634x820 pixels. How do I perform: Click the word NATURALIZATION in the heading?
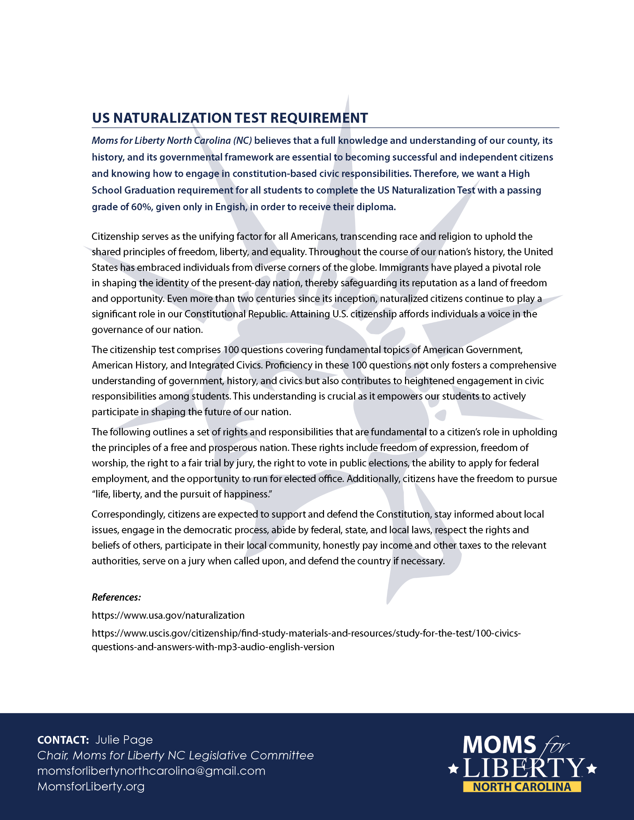172,118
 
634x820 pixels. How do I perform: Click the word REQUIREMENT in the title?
319,118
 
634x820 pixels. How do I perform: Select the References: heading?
116,597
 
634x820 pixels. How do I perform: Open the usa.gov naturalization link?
168,615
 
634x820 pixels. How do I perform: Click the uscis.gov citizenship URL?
306,633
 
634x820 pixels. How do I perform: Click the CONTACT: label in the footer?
63,740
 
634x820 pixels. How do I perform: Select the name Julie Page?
124,740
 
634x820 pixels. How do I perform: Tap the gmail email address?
151,771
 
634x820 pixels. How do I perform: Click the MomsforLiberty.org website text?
91,786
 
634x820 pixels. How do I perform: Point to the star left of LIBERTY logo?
453,768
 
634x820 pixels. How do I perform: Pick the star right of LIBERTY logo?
592,768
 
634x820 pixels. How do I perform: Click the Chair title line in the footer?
175,755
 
